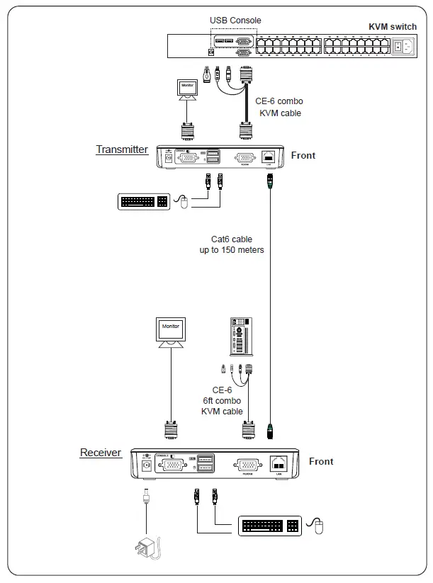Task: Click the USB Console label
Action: point(235,21)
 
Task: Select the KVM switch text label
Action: point(393,27)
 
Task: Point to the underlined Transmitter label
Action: point(122,149)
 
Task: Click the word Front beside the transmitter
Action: point(303,155)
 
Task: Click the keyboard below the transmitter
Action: point(144,202)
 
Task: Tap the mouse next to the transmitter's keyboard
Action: point(184,203)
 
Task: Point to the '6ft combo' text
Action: point(222,401)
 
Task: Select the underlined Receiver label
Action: point(101,453)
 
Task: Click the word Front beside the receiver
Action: point(321,461)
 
